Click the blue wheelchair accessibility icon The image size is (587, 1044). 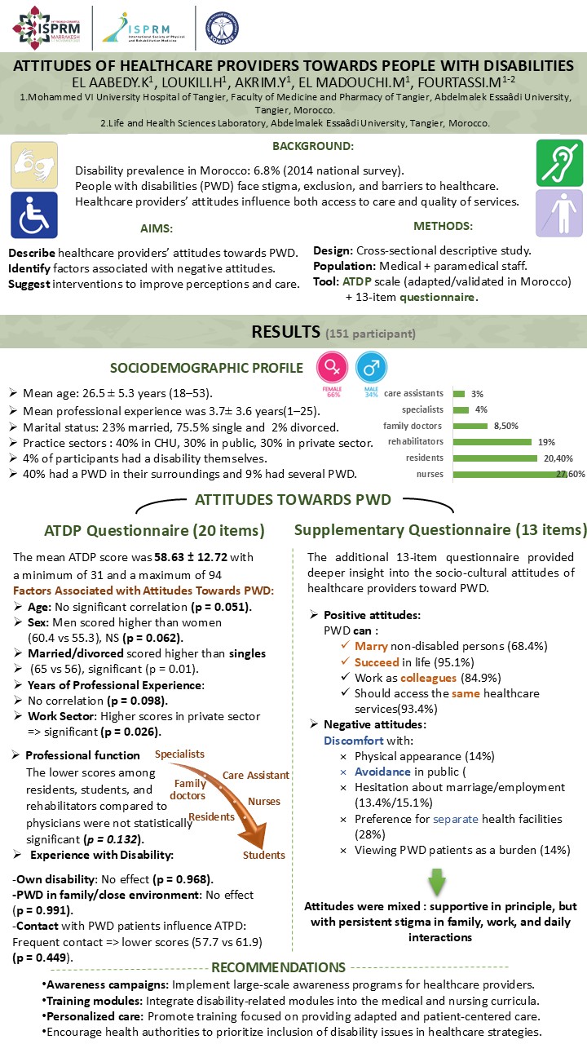34,215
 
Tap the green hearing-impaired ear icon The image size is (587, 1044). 559,163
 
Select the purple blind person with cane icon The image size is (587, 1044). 559,215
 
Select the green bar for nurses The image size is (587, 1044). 506,474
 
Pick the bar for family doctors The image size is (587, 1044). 470,425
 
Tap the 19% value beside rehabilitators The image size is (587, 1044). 546,441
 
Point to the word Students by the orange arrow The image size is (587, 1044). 264,855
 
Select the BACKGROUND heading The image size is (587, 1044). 312,146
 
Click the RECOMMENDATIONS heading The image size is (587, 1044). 280,967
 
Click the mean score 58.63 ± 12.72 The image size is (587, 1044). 196,557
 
